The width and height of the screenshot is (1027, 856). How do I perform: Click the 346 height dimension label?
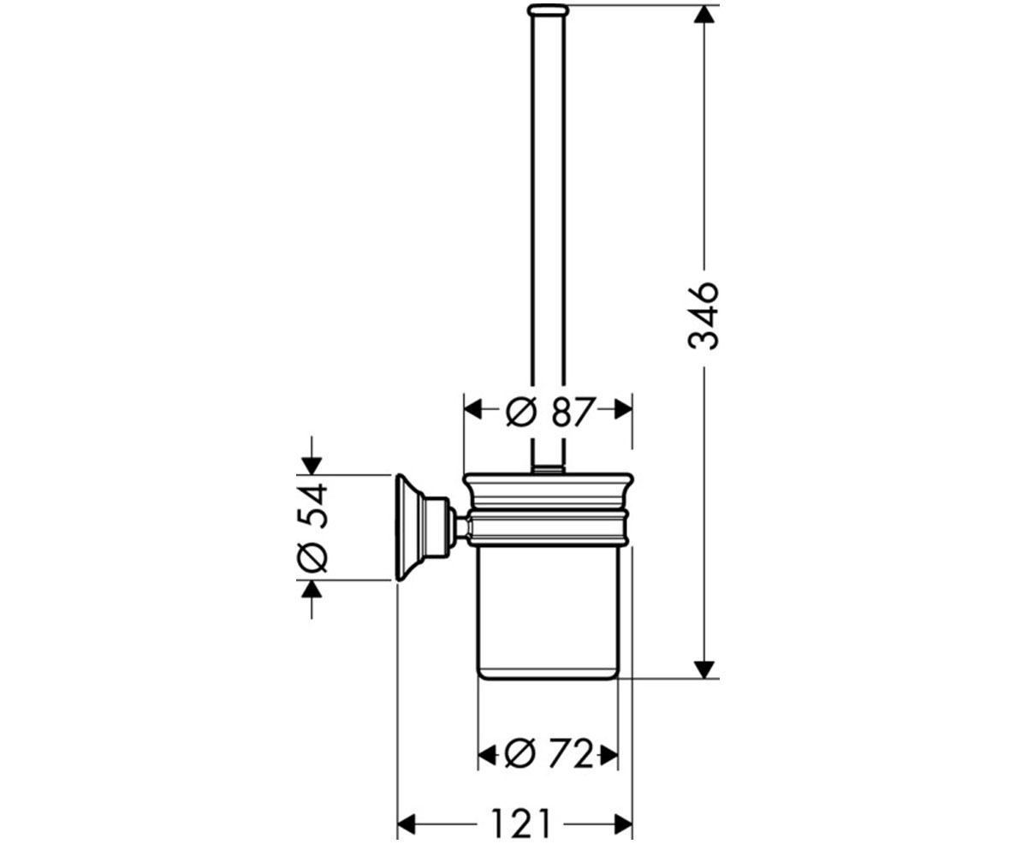(703, 316)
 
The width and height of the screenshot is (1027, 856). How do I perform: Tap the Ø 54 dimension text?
(312, 527)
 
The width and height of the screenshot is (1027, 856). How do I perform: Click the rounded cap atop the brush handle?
(548, 9)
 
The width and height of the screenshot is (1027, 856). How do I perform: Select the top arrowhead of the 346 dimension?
(703, 15)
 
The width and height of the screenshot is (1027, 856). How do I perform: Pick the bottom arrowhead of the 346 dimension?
(703, 669)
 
